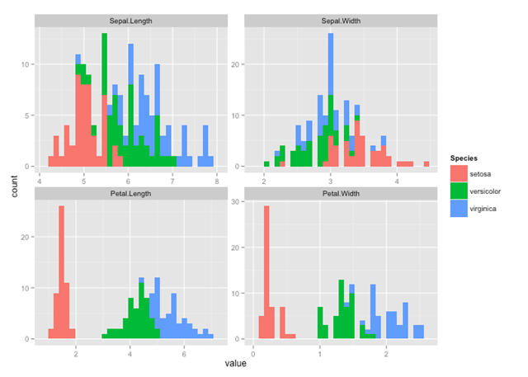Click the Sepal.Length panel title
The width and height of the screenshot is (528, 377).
[128, 19]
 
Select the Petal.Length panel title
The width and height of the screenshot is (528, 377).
[128, 193]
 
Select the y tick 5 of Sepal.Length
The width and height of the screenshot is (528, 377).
[26, 115]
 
